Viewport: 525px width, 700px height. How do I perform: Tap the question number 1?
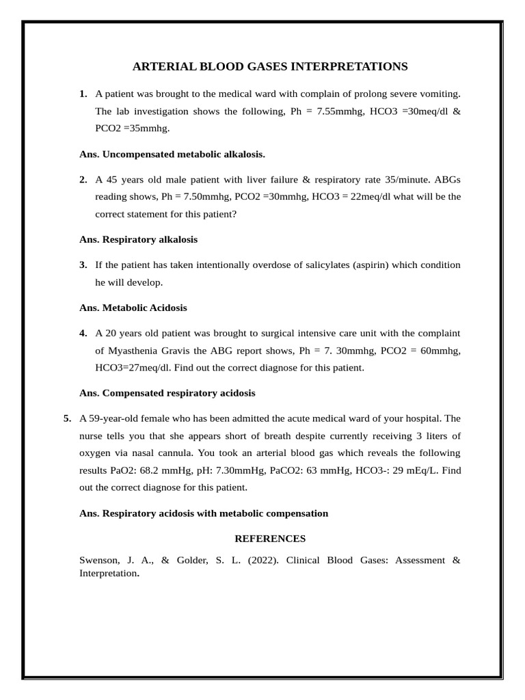click(83, 93)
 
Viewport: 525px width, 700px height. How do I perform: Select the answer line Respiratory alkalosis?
click(149, 239)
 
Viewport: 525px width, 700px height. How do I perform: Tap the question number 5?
click(67, 418)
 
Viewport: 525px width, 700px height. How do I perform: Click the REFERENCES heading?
click(270, 539)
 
